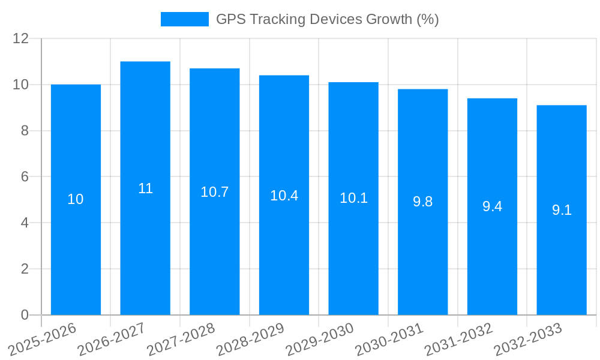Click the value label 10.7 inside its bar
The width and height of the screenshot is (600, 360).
click(214, 192)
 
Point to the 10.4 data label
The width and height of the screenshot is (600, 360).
click(284, 196)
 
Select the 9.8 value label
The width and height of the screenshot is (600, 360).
click(422, 202)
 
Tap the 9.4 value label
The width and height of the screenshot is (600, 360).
click(492, 207)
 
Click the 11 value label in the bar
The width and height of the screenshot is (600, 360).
click(145, 188)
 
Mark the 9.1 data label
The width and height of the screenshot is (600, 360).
click(562, 211)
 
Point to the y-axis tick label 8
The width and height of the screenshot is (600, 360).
click(25, 131)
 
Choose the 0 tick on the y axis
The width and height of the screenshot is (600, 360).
click(25, 315)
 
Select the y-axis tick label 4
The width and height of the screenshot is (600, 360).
click(25, 223)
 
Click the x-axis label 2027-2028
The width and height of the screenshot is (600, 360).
click(181, 339)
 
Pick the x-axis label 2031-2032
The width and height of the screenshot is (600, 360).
click(458, 339)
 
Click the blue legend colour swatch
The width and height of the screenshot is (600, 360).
click(184, 19)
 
